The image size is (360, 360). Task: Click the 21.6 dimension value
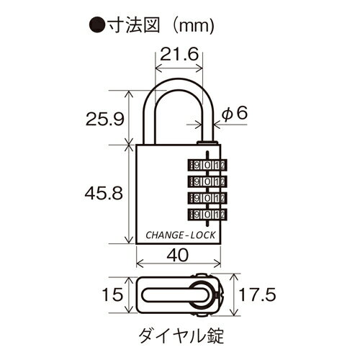click(179, 54)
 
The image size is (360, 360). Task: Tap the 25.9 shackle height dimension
click(105, 119)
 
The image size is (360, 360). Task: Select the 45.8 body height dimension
click(104, 193)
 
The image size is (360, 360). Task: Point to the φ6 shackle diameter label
click(234, 113)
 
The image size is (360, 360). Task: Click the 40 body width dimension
click(178, 255)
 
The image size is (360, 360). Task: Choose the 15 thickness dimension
click(112, 294)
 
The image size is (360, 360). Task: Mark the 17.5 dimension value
click(258, 294)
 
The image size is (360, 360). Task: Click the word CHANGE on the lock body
click(164, 235)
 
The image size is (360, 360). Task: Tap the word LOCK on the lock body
click(203, 235)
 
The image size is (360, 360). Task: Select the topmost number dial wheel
click(207, 165)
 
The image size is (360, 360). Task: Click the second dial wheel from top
click(207, 181)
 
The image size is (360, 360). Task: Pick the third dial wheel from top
click(207, 198)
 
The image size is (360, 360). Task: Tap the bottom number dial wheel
click(207, 214)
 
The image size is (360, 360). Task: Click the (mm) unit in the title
click(194, 26)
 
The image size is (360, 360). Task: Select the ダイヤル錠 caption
click(181, 336)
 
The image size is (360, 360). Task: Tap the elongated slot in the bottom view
click(171, 295)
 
